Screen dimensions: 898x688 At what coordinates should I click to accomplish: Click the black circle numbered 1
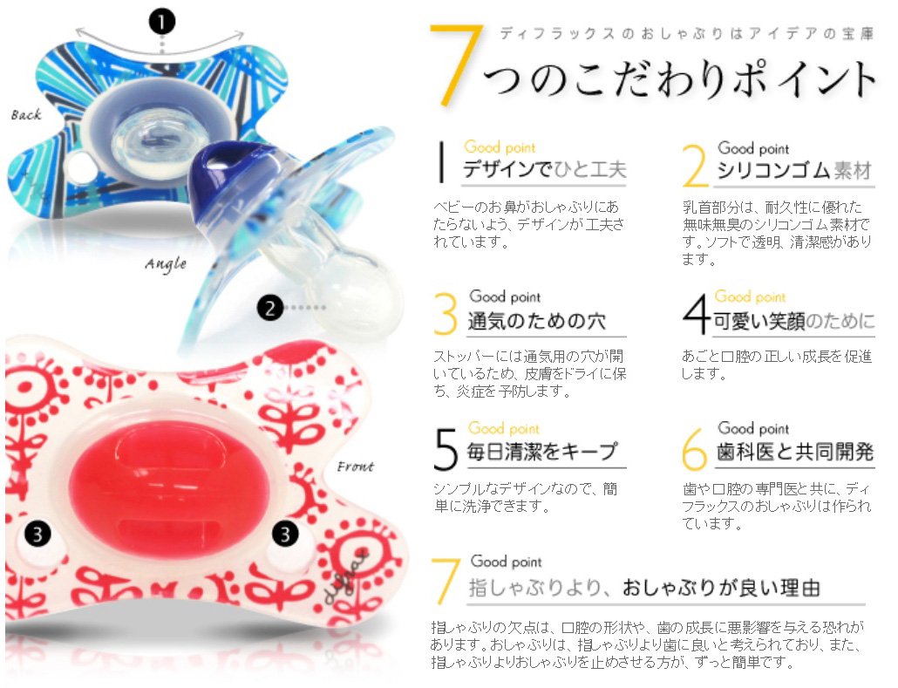(162, 23)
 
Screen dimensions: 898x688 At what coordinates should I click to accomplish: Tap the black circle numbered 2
(269, 308)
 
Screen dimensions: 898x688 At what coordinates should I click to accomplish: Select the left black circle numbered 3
(37, 535)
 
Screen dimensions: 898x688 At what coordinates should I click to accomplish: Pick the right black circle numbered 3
(284, 535)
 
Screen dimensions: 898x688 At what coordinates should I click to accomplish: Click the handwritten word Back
(26, 114)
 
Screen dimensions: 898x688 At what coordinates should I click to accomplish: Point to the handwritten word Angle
(166, 263)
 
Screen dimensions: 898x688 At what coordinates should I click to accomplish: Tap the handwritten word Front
(355, 467)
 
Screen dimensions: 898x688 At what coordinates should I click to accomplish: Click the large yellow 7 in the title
(455, 65)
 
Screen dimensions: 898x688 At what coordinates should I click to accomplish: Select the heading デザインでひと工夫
(544, 169)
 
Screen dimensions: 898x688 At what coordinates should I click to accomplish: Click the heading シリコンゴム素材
(794, 170)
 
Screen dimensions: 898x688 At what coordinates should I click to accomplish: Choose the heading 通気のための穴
(537, 321)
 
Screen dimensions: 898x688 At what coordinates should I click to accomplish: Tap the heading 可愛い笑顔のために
(793, 321)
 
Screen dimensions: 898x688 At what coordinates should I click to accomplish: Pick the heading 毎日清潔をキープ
(542, 452)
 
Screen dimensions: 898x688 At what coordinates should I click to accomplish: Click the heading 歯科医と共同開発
(795, 452)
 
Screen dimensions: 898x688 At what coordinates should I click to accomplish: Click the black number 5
(446, 449)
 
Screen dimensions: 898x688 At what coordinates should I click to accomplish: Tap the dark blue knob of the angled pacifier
(224, 182)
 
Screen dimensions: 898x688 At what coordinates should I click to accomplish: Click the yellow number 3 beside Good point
(445, 313)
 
